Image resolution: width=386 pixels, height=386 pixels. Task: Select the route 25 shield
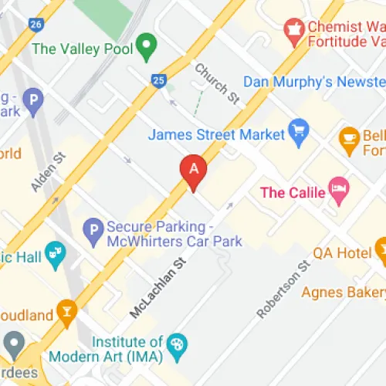click(159, 80)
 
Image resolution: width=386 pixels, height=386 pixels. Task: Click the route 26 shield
click(36, 25)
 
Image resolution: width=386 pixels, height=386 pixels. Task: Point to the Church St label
click(216, 83)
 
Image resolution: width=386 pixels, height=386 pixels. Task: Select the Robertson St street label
click(283, 290)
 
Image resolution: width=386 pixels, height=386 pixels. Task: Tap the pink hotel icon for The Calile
click(339, 188)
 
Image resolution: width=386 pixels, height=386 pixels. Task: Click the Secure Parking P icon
click(93, 229)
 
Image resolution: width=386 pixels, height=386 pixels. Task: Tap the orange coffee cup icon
click(350, 140)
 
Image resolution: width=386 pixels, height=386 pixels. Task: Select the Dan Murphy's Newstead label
click(313, 82)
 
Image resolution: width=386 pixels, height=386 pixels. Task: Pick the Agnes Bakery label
click(343, 293)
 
